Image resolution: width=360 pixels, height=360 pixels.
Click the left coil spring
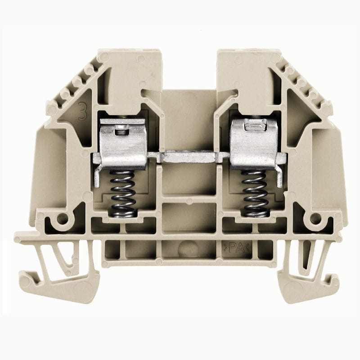point(123,193)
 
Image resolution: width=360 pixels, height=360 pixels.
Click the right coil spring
point(254,193)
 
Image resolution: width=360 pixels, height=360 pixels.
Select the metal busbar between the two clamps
point(189,157)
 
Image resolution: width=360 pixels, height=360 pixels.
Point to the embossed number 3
point(82,111)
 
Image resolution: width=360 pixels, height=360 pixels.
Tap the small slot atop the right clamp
point(252,127)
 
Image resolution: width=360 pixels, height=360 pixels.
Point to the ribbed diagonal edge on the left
point(74,85)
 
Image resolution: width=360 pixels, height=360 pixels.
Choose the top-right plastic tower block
point(245,72)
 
